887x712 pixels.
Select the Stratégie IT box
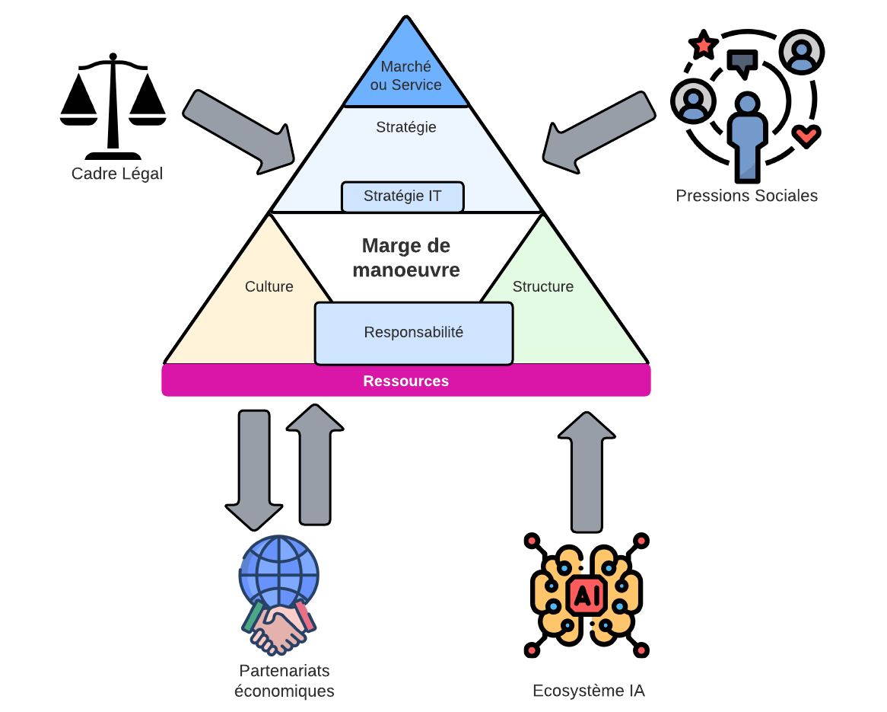[402, 196]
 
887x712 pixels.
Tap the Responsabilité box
[413, 334]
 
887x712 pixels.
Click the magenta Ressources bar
[405, 381]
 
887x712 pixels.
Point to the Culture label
[269, 287]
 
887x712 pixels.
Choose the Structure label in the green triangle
[542, 287]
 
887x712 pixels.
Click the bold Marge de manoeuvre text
[405, 257]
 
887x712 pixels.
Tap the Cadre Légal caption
[117, 174]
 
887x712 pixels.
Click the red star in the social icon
[703, 46]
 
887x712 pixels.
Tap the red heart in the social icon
[805, 136]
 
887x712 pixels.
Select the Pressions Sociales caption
[746, 196]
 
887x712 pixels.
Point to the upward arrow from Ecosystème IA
[587, 472]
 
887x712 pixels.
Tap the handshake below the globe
[278, 628]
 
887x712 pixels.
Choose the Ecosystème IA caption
[588, 691]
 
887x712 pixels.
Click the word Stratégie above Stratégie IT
[405, 128]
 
